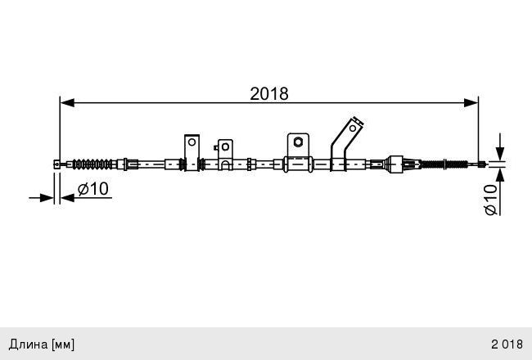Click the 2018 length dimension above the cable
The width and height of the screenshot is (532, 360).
pos(269,93)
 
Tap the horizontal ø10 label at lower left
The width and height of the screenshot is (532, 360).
pos(92,189)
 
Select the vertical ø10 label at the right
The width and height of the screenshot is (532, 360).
pos(491,199)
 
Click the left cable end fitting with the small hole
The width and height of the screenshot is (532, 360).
pos(57,164)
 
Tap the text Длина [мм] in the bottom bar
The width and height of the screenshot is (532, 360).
pos(41,344)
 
